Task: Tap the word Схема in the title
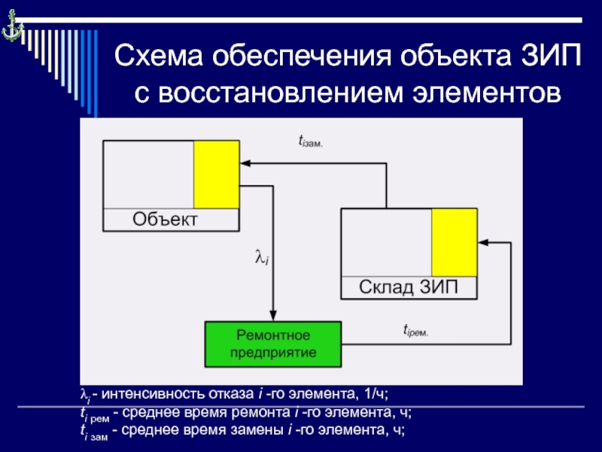157,57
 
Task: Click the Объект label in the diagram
165,220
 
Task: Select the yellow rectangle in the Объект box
217,174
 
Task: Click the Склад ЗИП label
407,287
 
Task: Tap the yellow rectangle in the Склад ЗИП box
454,243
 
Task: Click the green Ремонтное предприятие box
273,343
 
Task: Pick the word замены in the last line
270,430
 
